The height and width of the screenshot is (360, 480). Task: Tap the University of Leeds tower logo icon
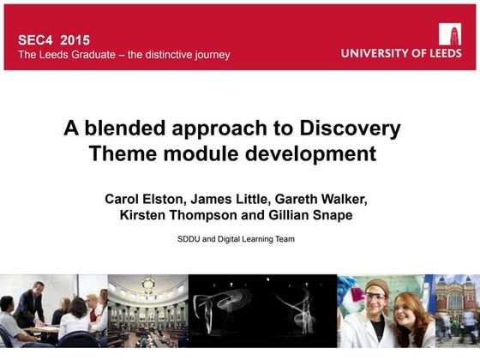point(450,33)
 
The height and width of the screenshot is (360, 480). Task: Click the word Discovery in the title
point(351,129)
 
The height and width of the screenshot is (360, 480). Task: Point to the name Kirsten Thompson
point(181,216)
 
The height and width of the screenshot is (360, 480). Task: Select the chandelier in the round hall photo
point(147,285)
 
